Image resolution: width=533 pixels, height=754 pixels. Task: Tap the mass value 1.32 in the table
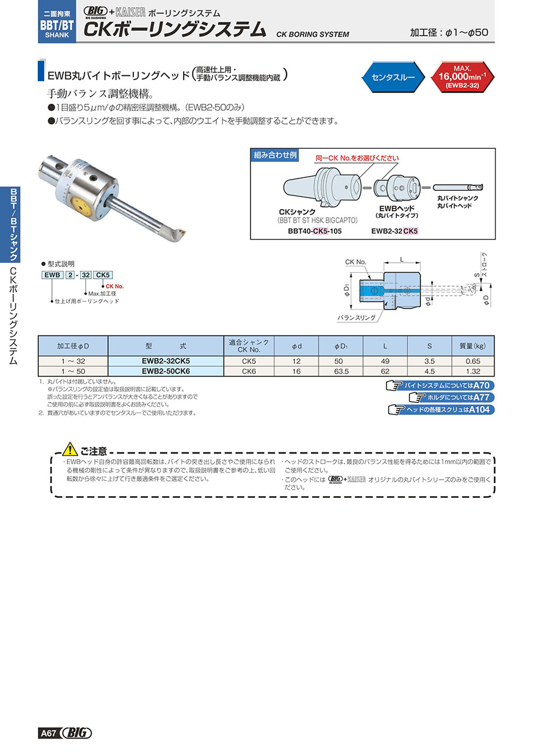[x=473, y=371]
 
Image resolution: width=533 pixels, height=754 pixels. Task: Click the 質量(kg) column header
[x=473, y=345]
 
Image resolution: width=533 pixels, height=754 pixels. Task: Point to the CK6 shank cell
[x=249, y=371]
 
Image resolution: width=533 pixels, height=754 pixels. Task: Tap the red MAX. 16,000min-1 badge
[x=462, y=76]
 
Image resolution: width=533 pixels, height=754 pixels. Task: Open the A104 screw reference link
[x=441, y=410]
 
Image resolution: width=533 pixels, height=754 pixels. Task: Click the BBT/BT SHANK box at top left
[x=57, y=21]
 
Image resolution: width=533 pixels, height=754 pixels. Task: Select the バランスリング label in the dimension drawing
[x=357, y=318]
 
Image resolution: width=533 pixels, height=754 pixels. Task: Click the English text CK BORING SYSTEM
[x=312, y=34]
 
